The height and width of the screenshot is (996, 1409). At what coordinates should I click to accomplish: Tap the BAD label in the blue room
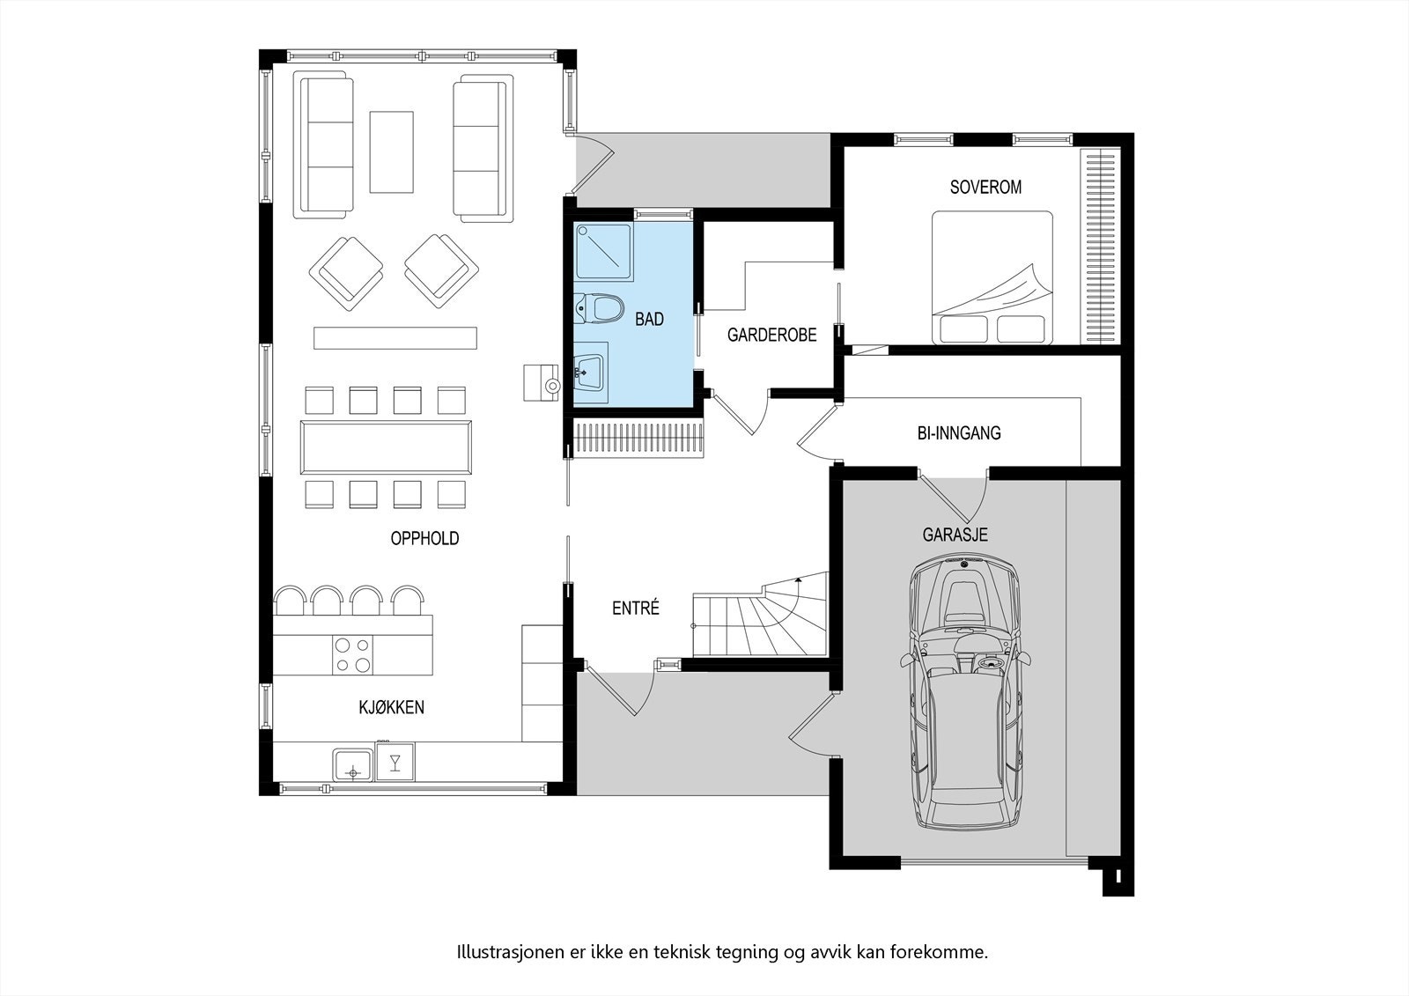649,320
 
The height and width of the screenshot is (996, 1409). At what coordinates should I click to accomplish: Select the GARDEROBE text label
771,336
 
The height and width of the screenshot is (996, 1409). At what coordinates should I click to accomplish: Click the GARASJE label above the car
955,535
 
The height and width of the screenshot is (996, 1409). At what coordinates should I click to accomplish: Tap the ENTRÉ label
635,609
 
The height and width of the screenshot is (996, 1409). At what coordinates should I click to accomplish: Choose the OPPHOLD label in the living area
424,539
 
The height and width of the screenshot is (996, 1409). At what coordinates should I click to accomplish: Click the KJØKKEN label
391,707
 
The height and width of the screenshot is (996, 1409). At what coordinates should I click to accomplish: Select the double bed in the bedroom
992,277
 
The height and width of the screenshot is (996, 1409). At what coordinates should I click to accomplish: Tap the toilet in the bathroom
601,309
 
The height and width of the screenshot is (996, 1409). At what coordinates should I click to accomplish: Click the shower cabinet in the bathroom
603,252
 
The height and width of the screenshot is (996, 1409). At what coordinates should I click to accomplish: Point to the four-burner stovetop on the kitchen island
352,655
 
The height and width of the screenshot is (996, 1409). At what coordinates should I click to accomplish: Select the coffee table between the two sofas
391,151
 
